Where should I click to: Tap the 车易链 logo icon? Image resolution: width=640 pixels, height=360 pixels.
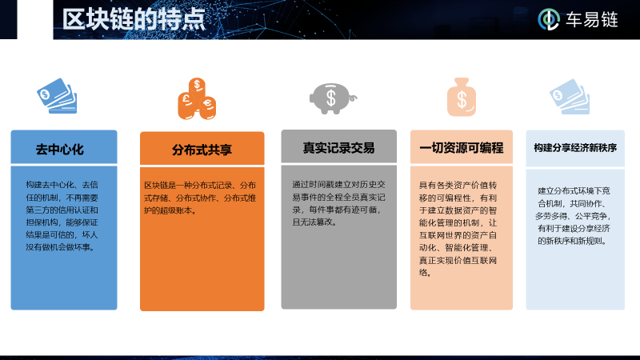549,19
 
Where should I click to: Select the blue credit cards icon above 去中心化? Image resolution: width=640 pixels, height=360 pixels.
57,95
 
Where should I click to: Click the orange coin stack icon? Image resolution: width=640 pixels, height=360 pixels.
197,98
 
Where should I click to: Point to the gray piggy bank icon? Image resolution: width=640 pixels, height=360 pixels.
332,97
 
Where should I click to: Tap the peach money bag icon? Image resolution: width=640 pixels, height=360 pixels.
462,97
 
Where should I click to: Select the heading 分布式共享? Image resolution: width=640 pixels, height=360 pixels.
202,150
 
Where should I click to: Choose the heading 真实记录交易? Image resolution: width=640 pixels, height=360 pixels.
338,148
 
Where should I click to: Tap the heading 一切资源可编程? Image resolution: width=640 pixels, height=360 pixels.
462,148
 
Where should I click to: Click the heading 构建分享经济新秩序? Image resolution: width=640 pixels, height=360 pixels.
575,148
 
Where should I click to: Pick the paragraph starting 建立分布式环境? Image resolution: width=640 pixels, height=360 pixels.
575,215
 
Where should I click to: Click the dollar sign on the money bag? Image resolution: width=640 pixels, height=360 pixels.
462,101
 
